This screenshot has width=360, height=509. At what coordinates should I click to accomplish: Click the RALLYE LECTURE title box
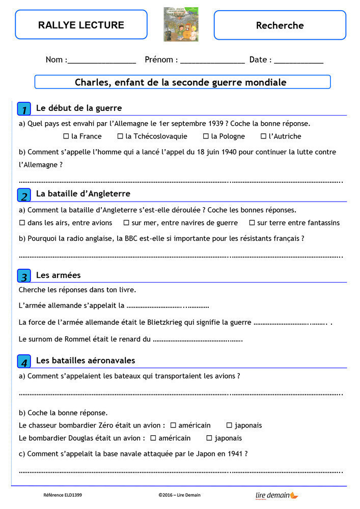pyautogui.click(x=81, y=25)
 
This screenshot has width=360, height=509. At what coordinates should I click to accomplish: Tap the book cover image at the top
pyautogui.click(x=181, y=24)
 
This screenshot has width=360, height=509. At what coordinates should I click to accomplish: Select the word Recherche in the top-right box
pyautogui.click(x=280, y=25)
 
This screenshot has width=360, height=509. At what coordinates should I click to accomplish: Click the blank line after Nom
pyautogui.click(x=101, y=61)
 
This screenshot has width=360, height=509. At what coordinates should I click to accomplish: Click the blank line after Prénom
pyautogui.click(x=212, y=61)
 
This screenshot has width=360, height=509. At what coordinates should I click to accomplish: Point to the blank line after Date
pyautogui.click(x=298, y=61)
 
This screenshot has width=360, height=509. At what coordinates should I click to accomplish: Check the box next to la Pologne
pyautogui.click(x=206, y=136)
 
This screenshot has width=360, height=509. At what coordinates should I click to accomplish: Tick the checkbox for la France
pyautogui.click(x=66, y=136)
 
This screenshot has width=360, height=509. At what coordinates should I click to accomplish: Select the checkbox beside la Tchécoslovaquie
pyautogui.click(x=121, y=136)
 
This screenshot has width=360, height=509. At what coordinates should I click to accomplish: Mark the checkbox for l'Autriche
pyautogui.click(x=264, y=136)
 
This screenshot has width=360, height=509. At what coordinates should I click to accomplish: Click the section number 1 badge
pyautogui.click(x=24, y=109)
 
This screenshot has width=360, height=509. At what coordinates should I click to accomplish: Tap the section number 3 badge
pyautogui.click(x=24, y=276)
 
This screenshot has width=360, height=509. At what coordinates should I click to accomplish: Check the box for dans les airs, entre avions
pyautogui.click(x=22, y=223)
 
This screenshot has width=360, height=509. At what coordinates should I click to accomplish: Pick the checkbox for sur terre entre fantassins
pyautogui.click(x=252, y=223)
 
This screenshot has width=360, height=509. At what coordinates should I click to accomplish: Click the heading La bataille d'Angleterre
pyautogui.click(x=83, y=194)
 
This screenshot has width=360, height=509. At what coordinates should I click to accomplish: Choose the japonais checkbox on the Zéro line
pyautogui.click(x=230, y=426)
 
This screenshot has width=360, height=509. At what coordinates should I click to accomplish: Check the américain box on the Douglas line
pyautogui.click(x=153, y=438)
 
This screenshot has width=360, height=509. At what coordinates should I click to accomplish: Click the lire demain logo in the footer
pyautogui.click(x=276, y=495)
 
